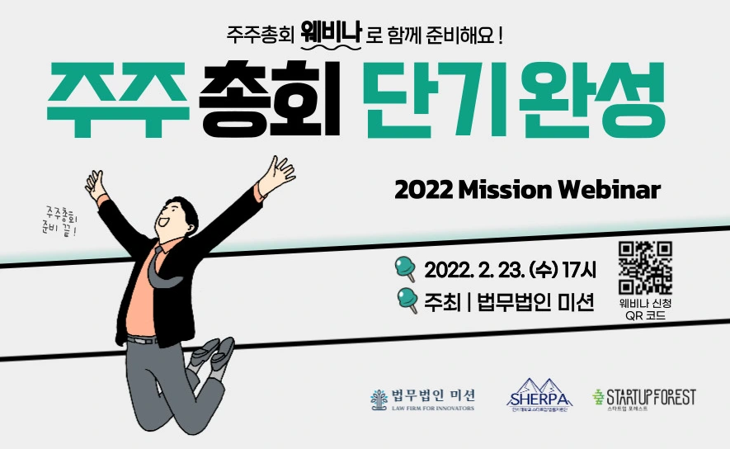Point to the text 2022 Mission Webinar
click(x=528, y=191)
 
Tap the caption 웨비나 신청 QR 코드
click(x=645, y=310)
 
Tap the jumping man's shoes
click(x=210, y=356)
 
